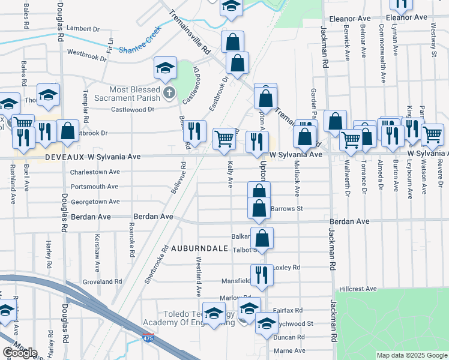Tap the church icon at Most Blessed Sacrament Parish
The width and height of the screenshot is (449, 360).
[x=169, y=94]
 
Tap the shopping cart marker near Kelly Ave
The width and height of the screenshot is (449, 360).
[x=224, y=138]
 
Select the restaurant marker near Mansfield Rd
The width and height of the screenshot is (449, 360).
[x=262, y=274]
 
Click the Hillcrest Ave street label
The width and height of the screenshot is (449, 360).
[x=357, y=289]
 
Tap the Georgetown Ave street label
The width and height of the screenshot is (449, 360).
[x=95, y=202]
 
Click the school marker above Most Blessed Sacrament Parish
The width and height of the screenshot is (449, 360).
[x=165, y=68]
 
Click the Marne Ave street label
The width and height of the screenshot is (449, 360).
[x=290, y=350]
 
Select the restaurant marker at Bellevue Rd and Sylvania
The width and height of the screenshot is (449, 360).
[x=194, y=130]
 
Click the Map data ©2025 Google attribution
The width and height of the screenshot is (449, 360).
[x=412, y=355]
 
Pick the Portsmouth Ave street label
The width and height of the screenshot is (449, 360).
[x=94, y=187]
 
